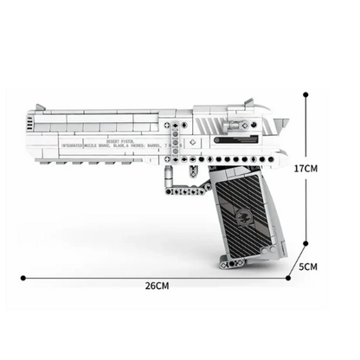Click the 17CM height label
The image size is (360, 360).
331,168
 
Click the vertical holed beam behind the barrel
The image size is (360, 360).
180,142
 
